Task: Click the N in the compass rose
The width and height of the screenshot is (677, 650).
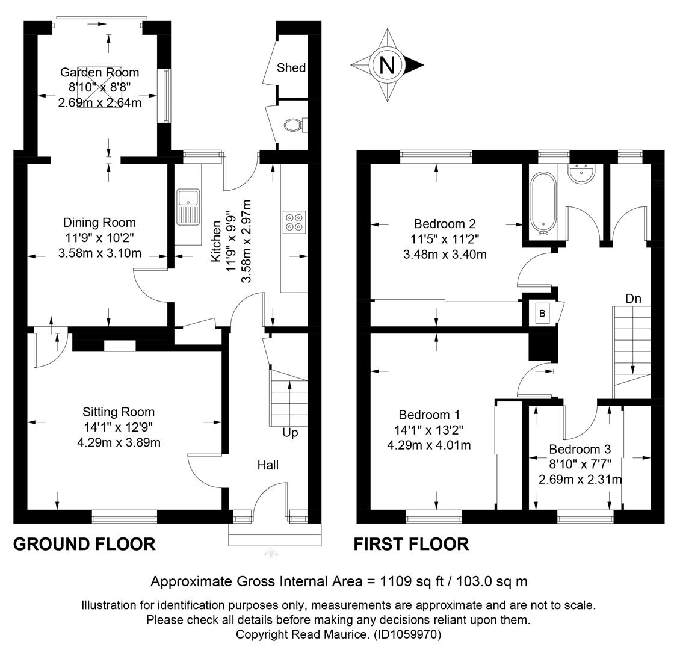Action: click(x=387, y=65)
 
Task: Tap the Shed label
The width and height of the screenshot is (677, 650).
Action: click(x=291, y=68)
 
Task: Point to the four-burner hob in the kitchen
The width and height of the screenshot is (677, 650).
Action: click(x=294, y=222)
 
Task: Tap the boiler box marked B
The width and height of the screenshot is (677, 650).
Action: click(x=543, y=314)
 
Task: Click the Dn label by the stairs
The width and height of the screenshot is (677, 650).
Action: click(x=634, y=299)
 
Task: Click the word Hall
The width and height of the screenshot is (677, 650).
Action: click(x=268, y=465)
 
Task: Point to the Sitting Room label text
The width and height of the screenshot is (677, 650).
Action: click(x=119, y=412)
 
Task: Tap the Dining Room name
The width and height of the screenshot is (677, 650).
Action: click(x=99, y=223)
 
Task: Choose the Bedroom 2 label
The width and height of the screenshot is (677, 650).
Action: click(x=445, y=224)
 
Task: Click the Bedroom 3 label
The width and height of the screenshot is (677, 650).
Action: click(x=580, y=449)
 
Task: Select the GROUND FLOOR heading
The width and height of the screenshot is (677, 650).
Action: click(x=84, y=544)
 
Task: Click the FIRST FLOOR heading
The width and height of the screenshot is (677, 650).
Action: click(x=411, y=544)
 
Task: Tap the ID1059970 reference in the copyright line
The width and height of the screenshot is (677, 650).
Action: click(x=407, y=634)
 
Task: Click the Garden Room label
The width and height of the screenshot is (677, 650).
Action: click(x=99, y=73)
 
